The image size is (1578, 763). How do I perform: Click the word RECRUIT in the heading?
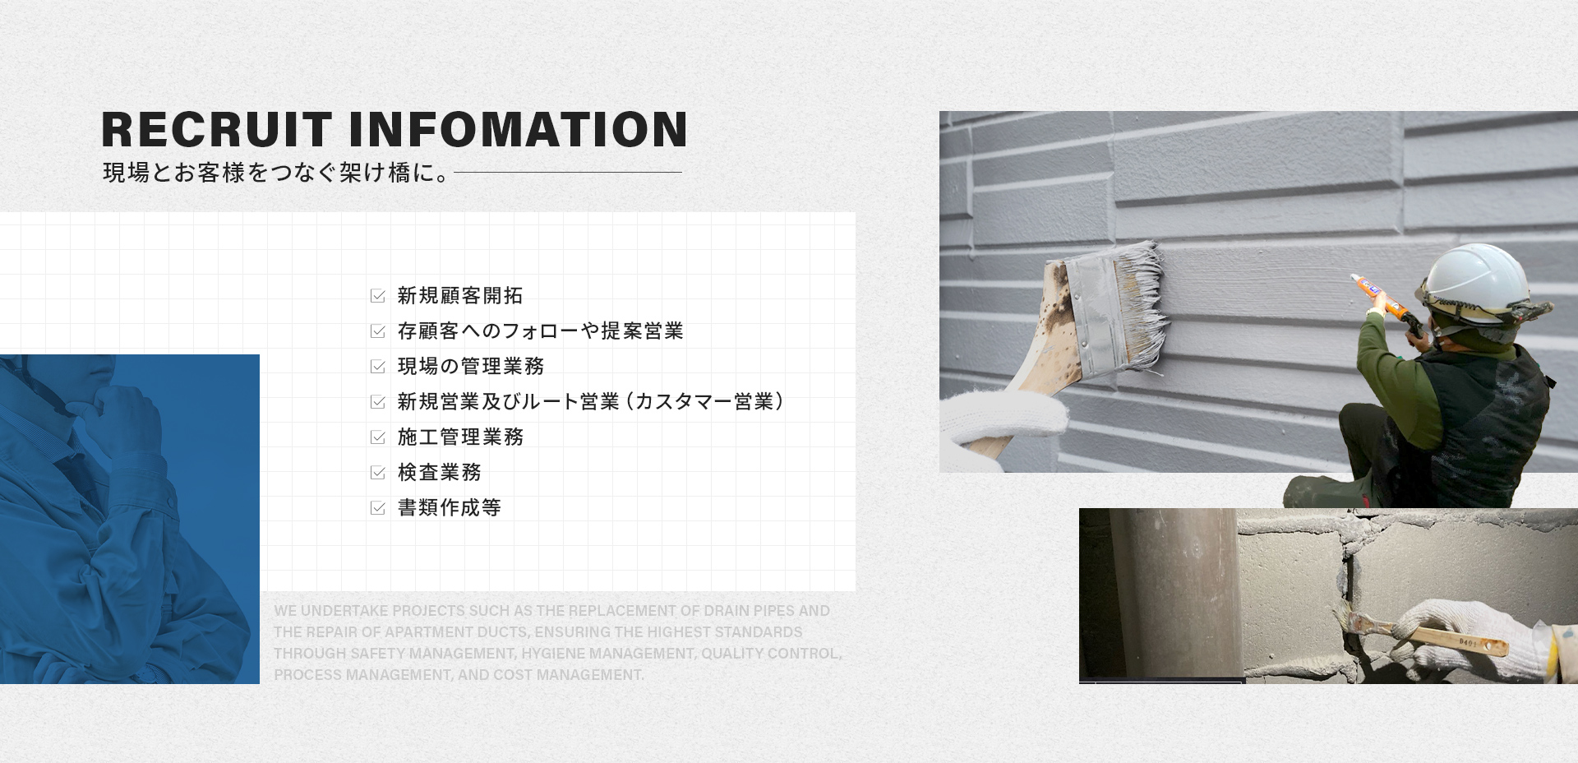tap(216, 130)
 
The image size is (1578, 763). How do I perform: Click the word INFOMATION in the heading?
tap(519, 130)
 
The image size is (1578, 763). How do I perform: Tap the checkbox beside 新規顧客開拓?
tap(378, 296)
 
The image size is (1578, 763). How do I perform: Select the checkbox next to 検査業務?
tap(378, 473)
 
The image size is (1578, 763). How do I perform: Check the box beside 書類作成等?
tap(378, 508)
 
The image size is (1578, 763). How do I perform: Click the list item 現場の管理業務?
tap(471, 366)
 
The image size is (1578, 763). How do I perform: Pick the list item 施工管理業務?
tap(460, 437)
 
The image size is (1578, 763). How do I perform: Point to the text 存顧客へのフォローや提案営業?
tap(541, 331)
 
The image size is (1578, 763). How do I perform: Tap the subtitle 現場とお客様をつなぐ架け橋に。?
tap(276, 173)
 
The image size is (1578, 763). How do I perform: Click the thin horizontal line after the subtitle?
tap(567, 172)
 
